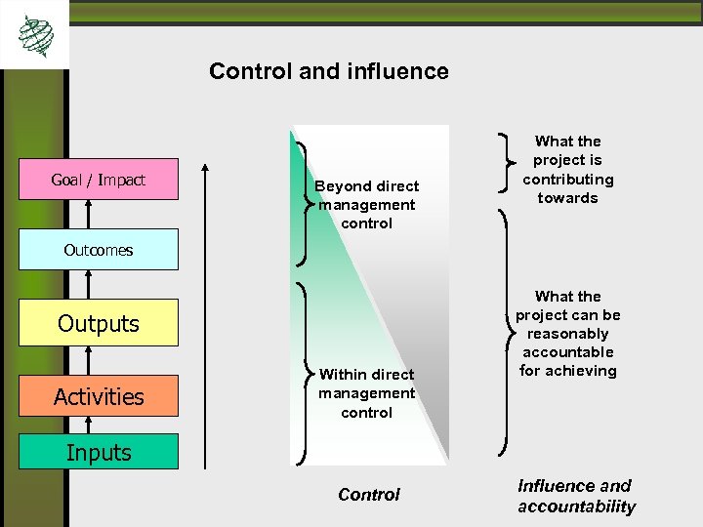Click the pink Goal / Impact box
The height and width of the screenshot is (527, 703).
pos(99,180)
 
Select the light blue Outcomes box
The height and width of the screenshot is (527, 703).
pos(99,250)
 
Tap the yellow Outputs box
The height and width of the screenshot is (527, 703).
pos(99,323)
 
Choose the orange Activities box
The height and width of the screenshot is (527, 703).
pos(99,396)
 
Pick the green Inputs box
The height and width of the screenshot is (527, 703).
pos(99,453)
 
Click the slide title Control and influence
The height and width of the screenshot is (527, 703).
pos(329,71)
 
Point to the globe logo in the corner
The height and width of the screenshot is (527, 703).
pos(36,35)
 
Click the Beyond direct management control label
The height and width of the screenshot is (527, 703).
pos(366,205)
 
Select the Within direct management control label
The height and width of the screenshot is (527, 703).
pos(366,393)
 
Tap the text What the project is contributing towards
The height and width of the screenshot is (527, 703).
pos(567,170)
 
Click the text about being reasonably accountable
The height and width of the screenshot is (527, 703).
pos(567,333)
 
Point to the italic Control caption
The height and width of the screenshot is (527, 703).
pos(368,495)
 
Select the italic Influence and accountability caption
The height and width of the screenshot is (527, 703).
pos(575,496)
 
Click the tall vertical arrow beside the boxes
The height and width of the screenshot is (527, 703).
pos(205,312)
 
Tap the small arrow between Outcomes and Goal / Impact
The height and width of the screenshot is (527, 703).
pos(89,214)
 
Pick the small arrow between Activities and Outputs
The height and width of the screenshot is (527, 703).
pos(89,360)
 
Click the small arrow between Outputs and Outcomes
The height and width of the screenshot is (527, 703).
pos(89,284)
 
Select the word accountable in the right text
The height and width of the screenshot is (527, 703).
pos(567,351)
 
